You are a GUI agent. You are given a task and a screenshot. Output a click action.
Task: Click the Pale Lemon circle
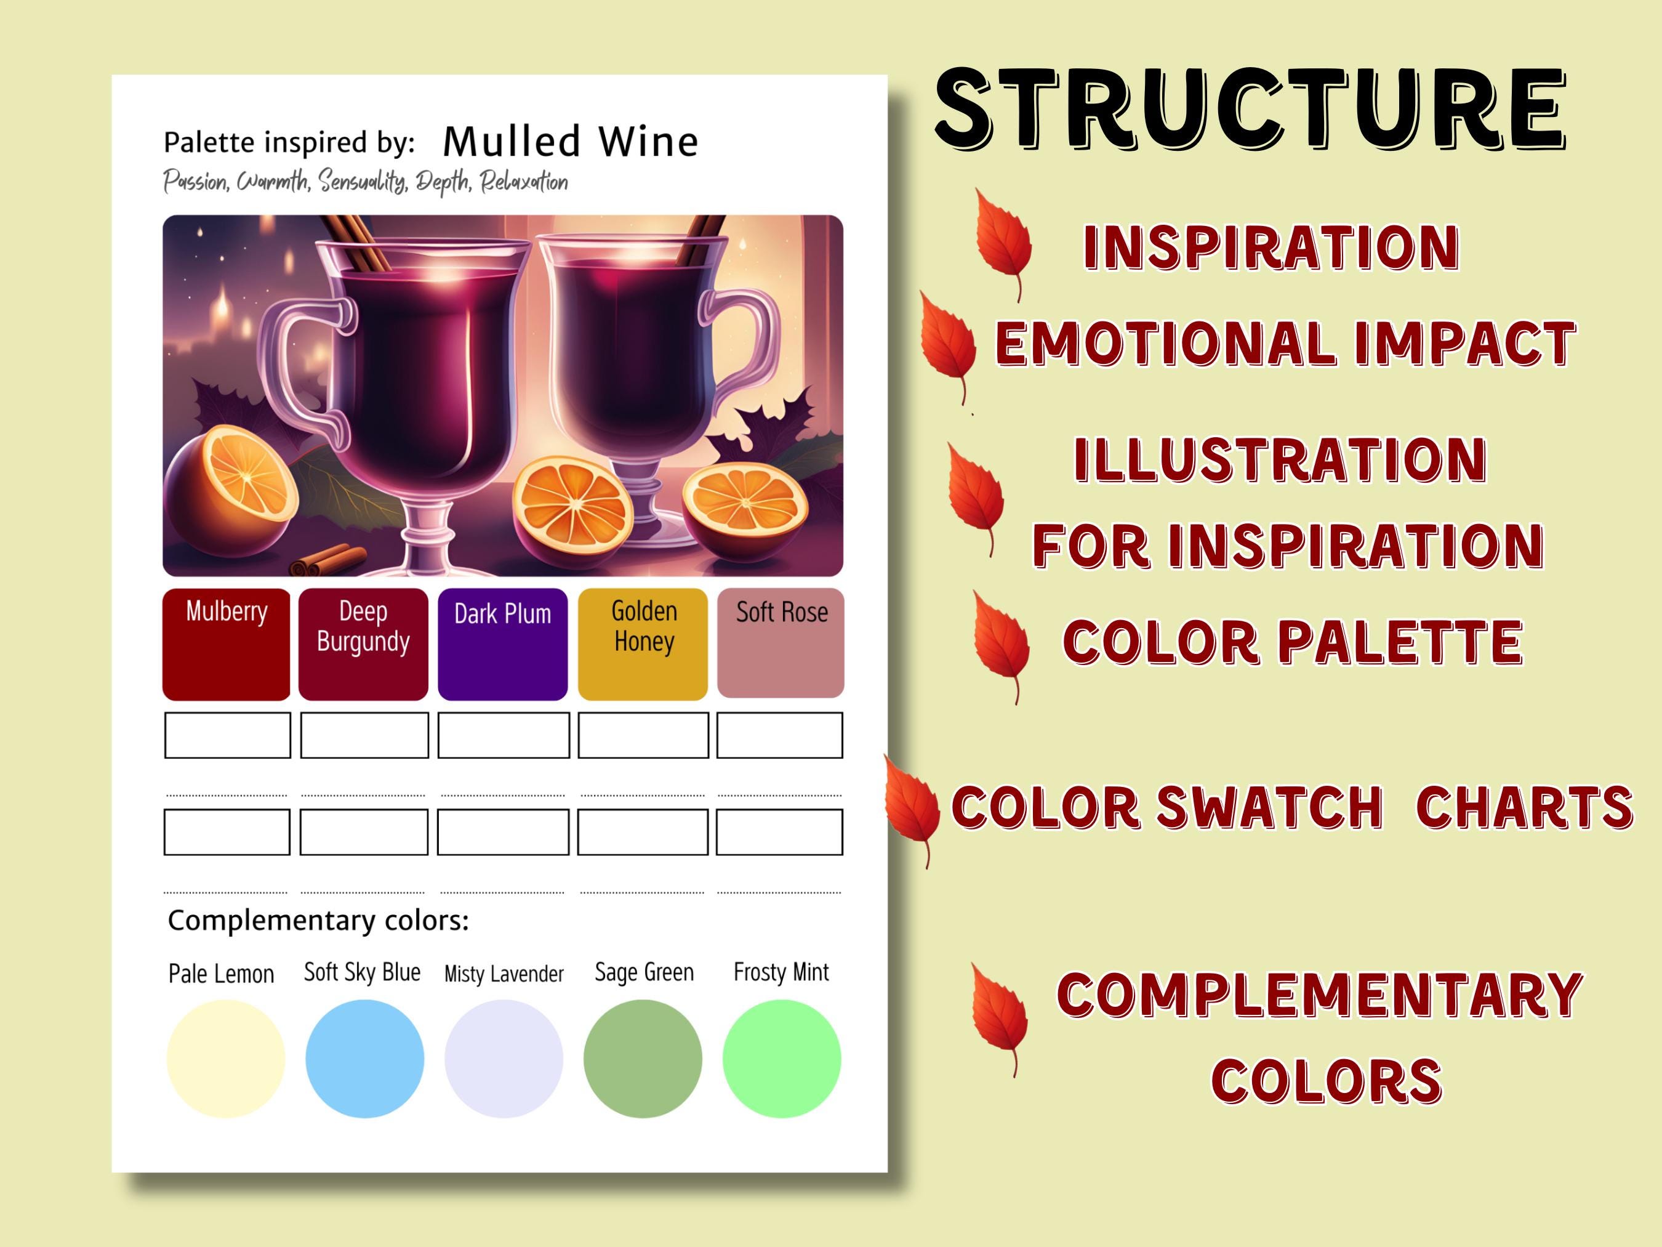(225, 1059)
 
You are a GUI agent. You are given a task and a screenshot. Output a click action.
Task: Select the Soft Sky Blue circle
(364, 1059)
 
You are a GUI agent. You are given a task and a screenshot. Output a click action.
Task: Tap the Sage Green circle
(643, 1059)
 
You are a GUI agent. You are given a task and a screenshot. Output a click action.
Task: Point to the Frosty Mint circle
(781, 1059)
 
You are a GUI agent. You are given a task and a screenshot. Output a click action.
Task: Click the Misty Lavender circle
(504, 1059)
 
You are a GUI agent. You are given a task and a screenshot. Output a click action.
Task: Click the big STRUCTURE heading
(1250, 109)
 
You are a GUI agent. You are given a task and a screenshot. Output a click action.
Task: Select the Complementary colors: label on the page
(318, 920)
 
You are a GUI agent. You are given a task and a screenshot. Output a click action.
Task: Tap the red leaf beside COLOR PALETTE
(1002, 645)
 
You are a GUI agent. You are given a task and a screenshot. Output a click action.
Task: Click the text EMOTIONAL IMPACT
(1285, 344)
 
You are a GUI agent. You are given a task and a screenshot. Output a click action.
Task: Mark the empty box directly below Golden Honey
(643, 735)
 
